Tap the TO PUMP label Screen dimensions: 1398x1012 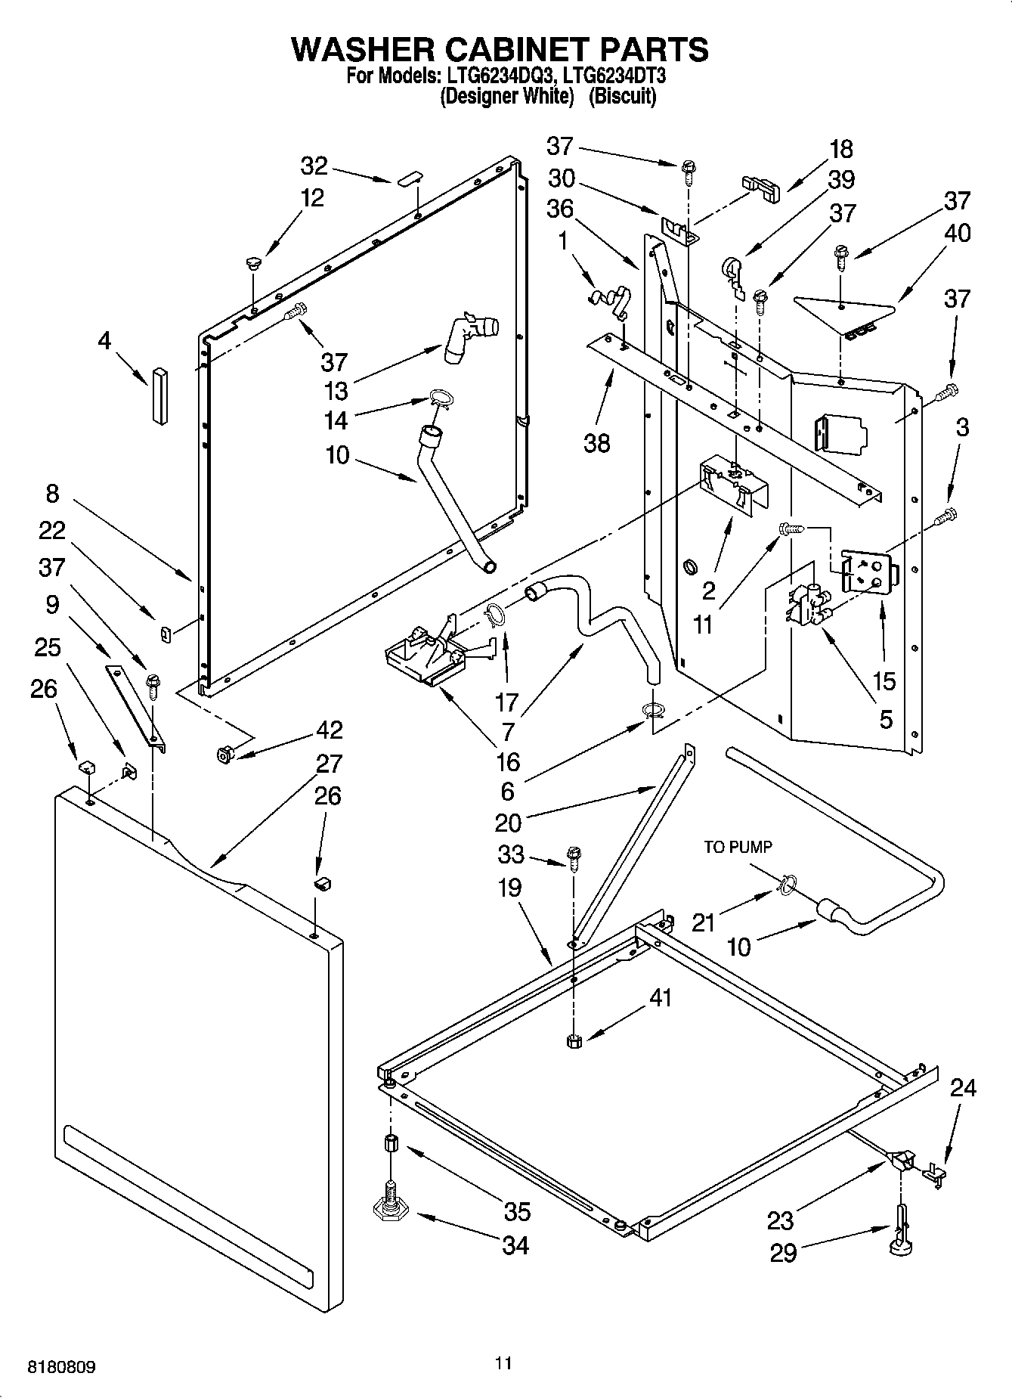[x=738, y=848]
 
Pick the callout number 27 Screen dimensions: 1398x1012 [x=329, y=763]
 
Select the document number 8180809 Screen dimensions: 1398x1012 [x=62, y=1368]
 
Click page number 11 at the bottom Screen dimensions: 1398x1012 [x=503, y=1362]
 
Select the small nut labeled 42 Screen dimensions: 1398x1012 [x=224, y=754]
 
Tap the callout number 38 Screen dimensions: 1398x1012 [x=596, y=442]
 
